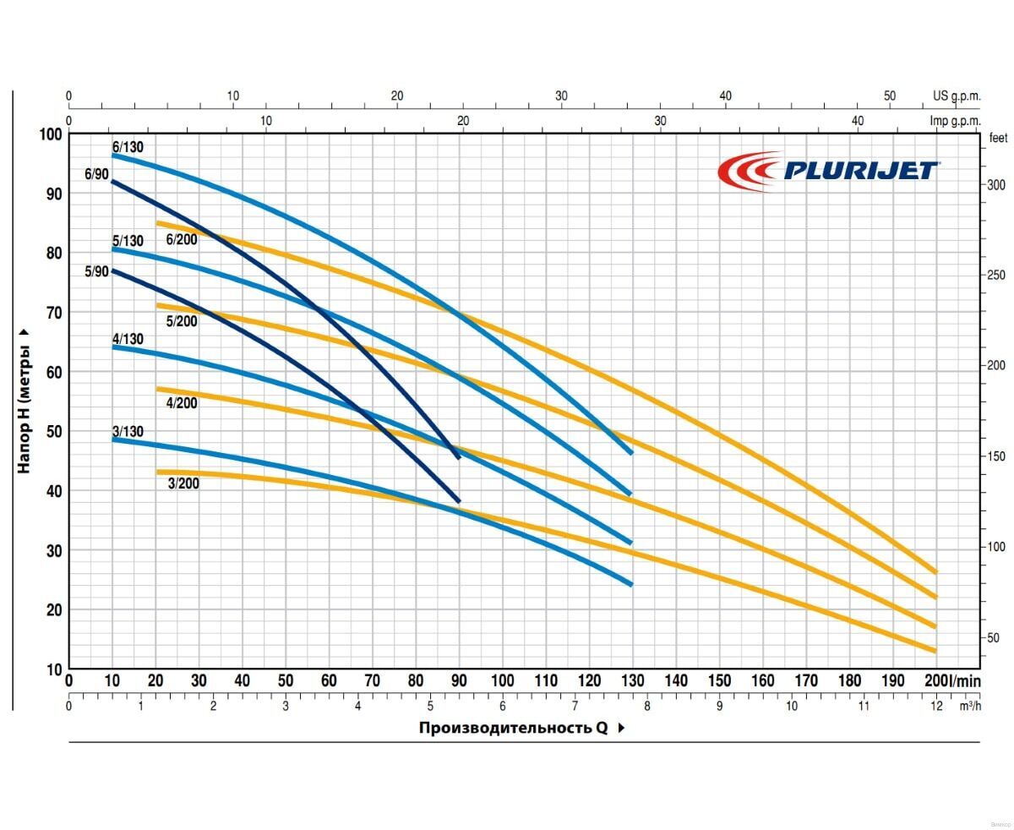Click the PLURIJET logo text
pyautogui.click(x=860, y=171)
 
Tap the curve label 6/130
pyautogui.click(x=128, y=147)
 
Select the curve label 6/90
pyautogui.click(x=96, y=175)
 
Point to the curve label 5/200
pyautogui.click(x=182, y=321)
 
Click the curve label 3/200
pyautogui.click(x=183, y=484)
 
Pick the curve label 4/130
pyautogui.click(x=128, y=340)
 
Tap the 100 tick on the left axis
pyautogui.click(x=51, y=134)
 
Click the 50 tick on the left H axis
pyautogui.click(x=54, y=432)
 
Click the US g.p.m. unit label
pyautogui.click(x=957, y=96)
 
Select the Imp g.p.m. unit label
pyautogui.click(x=955, y=121)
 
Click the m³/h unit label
pyautogui.click(x=970, y=705)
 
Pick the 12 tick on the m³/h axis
pyautogui.click(x=935, y=705)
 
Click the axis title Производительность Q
pyautogui.click(x=513, y=728)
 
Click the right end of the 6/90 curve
pyautogui.click(x=459, y=457)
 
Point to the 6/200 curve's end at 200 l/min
pyautogui.click(x=935, y=572)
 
